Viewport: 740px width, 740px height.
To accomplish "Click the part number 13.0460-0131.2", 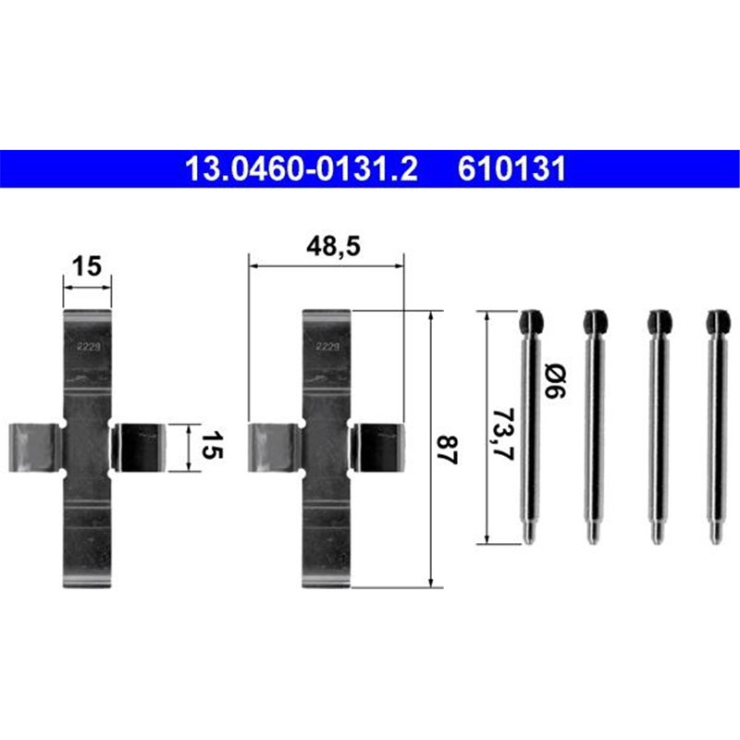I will (x=302, y=170).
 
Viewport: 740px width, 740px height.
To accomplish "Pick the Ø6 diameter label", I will (x=554, y=381).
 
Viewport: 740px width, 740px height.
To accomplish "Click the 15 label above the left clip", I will (x=87, y=266).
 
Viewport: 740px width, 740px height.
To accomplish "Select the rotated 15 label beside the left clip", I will (x=212, y=450).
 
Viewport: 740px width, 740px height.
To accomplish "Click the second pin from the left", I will (x=592, y=425).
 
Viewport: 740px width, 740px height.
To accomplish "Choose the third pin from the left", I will (x=657, y=425).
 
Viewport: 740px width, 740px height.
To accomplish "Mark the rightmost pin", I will (x=717, y=425).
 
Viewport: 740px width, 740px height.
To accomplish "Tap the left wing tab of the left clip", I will (x=35, y=449).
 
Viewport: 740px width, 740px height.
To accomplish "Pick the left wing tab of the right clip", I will (x=275, y=449).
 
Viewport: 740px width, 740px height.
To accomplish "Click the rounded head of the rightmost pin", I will (x=717, y=322).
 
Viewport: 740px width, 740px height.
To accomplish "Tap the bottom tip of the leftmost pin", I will (x=528, y=536).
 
